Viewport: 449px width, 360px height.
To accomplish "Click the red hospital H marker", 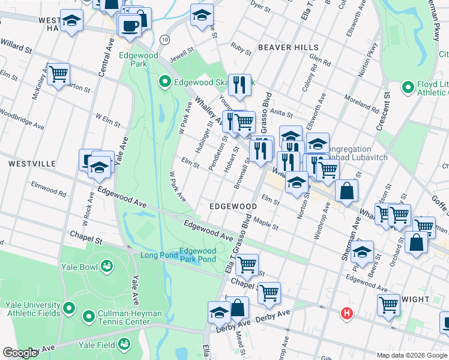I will [x=346, y=313].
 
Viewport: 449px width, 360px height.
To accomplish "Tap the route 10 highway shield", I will [x=164, y=39].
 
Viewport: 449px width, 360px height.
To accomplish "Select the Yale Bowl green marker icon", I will [x=107, y=265].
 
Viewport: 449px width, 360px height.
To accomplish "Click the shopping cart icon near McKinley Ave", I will [x=58, y=74].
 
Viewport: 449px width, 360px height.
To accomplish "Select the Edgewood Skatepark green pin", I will [x=164, y=81].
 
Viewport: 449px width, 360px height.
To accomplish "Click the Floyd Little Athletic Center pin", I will [x=408, y=87].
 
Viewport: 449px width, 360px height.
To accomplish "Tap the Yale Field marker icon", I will [x=124, y=344].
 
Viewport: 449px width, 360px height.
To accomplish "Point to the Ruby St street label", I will [x=240, y=46].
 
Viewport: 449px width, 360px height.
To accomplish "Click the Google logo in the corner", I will [x=20, y=353].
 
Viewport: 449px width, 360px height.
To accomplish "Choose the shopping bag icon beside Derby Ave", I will [x=238, y=308].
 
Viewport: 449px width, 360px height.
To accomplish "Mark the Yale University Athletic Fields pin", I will [x=68, y=309].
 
